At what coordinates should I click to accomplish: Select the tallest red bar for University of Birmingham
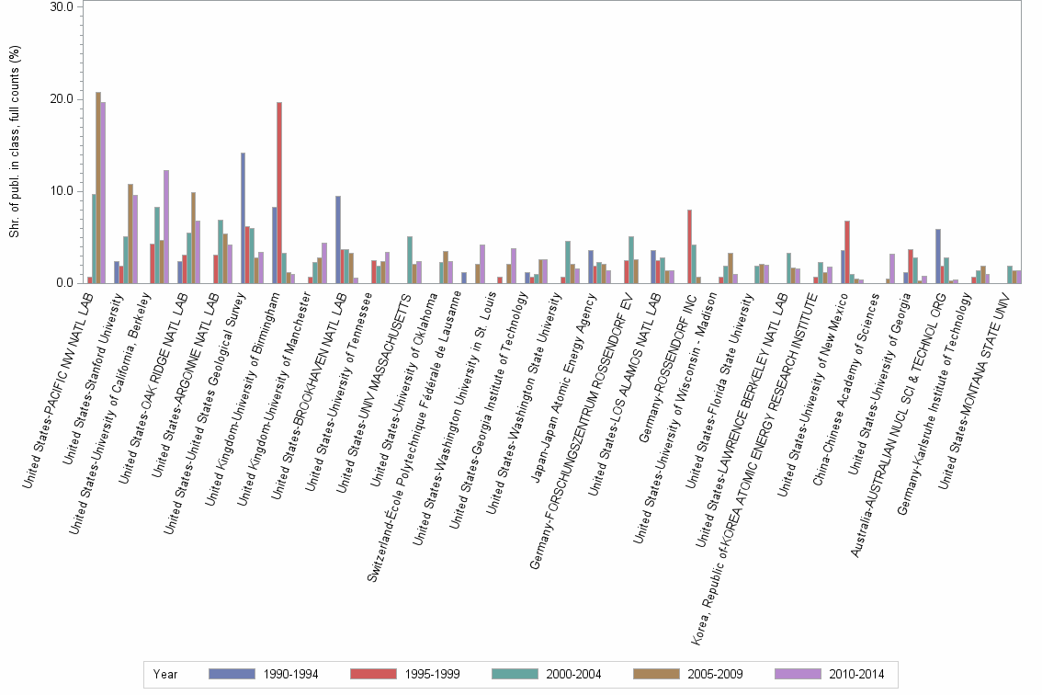click(279, 193)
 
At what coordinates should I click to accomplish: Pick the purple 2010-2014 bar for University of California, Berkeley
click(166, 226)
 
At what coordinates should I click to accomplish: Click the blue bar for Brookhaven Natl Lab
click(338, 239)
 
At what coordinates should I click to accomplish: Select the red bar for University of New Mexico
click(847, 252)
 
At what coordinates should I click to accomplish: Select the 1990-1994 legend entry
click(264, 674)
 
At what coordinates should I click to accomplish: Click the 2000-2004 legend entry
click(547, 674)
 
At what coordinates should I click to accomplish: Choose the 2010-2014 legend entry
click(830, 674)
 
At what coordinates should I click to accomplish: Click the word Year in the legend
click(166, 674)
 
